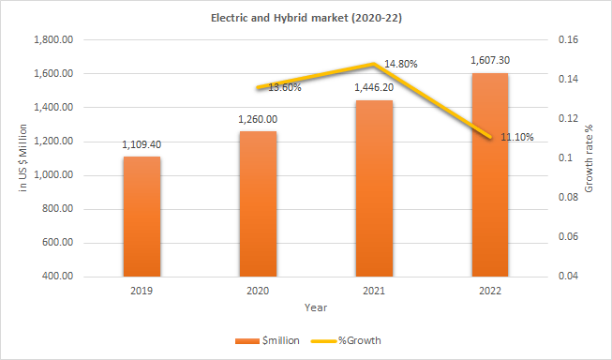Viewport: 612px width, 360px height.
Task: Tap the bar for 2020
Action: point(257,203)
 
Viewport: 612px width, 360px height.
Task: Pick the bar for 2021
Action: point(373,187)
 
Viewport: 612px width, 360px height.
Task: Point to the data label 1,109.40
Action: point(142,145)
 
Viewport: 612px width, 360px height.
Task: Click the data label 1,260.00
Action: point(257,119)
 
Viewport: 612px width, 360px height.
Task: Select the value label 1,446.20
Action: point(373,87)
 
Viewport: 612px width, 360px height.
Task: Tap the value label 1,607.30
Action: point(489,60)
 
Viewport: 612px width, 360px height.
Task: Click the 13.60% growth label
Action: point(285,87)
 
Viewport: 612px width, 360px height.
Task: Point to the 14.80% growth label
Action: point(401,64)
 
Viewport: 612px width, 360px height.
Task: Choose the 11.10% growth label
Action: point(517,137)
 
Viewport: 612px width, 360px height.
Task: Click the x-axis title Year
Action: point(315,307)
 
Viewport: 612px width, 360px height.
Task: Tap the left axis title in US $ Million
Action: point(22,158)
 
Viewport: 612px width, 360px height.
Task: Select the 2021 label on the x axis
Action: point(373,291)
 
